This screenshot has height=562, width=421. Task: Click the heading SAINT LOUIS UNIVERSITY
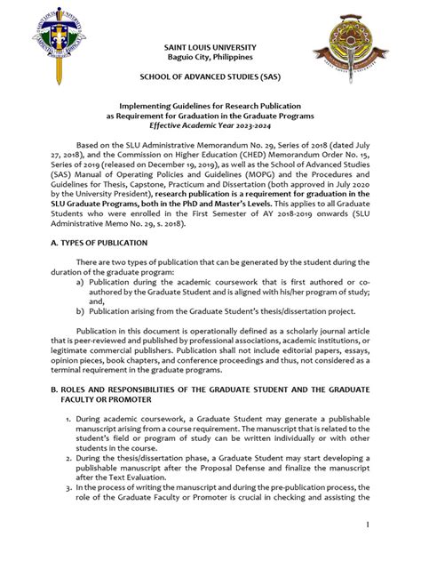point(210,46)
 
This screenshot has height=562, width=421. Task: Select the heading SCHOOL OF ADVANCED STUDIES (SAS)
point(210,79)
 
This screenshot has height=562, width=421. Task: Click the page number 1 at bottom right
point(390,528)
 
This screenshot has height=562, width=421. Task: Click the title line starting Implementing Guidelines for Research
point(210,104)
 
